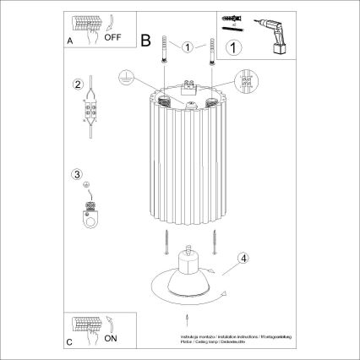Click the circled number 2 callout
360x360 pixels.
tap(78, 85)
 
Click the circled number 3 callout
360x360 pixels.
tap(78, 175)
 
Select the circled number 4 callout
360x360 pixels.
tap(242, 259)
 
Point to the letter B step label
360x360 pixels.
tap(145, 40)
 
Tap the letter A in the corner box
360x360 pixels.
tap(69, 40)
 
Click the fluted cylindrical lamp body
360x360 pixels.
tap(190, 161)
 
